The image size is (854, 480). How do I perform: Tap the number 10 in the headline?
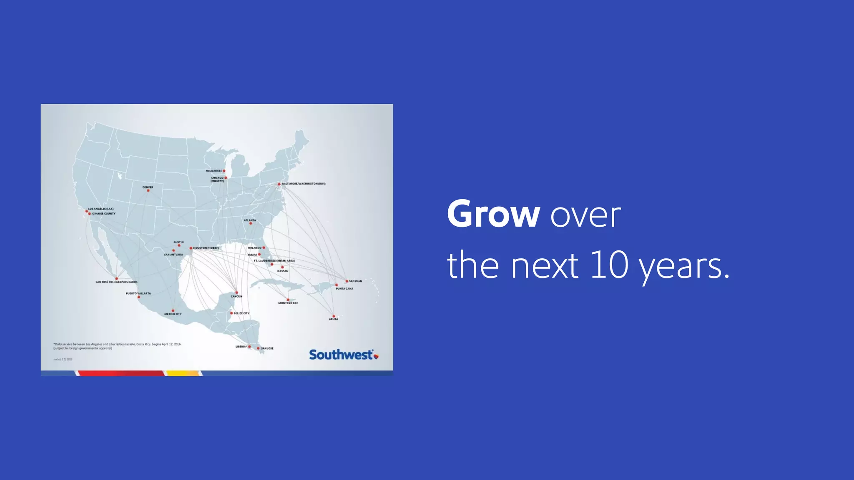609,265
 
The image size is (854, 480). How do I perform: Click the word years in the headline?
684,267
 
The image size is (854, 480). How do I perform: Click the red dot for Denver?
148,191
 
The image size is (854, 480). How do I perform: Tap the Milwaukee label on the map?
214,171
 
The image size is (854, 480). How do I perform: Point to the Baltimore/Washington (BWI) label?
304,184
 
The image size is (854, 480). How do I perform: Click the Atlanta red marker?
251,224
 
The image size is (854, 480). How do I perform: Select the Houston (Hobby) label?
206,248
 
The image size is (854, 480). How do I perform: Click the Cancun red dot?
236,292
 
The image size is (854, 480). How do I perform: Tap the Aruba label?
333,319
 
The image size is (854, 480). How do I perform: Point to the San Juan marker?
347,281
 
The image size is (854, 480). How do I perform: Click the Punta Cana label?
344,289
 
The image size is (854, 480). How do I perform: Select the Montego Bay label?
288,303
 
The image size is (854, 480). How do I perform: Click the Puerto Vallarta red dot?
139,297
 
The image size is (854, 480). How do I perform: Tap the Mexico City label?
173,314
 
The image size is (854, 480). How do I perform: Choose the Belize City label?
241,313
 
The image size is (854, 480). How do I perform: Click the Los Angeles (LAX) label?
100,209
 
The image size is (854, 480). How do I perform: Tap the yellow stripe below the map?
183,373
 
